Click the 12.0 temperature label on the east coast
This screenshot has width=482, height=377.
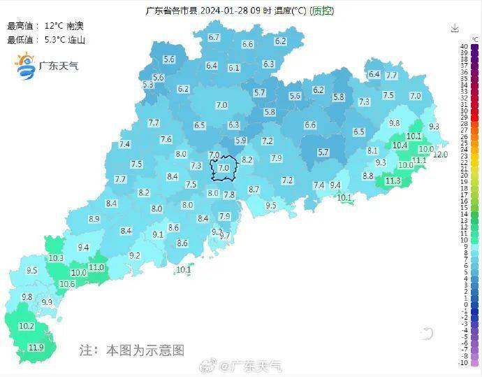pyautogui.click(x=440, y=155)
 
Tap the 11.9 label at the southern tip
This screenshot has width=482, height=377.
pyautogui.click(x=36, y=348)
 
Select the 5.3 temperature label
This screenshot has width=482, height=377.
pyautogui.click(x=148, y=85)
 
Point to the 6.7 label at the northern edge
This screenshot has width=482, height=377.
pyautogui.click(x=214, y=37)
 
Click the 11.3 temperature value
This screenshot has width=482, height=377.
pyautogui.click(x=393, y=181)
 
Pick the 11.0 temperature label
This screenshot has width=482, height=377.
pyautogui.click(x=96, y=267)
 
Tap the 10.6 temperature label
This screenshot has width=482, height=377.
pyautogui.click(x=67, y=284)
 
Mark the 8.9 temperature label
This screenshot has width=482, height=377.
pyautogui.click(x=94, y=219)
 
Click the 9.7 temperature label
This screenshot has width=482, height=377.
pyautogui.click(x=225, y=236)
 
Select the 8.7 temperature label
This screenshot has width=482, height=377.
pyautogui.click(x=254, y=190)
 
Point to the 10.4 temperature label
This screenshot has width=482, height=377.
pyautogui.click(x=400, y=145)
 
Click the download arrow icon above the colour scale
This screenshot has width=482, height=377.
pyautogui.click(x=455, y=28)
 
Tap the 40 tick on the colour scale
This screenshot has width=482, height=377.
pyautogui.click(x=465, y=46)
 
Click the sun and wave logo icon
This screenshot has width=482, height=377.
pyautogui.click(x=25, y=65)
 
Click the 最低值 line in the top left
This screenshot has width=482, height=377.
pyautogui.click(x=46, y=40)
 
